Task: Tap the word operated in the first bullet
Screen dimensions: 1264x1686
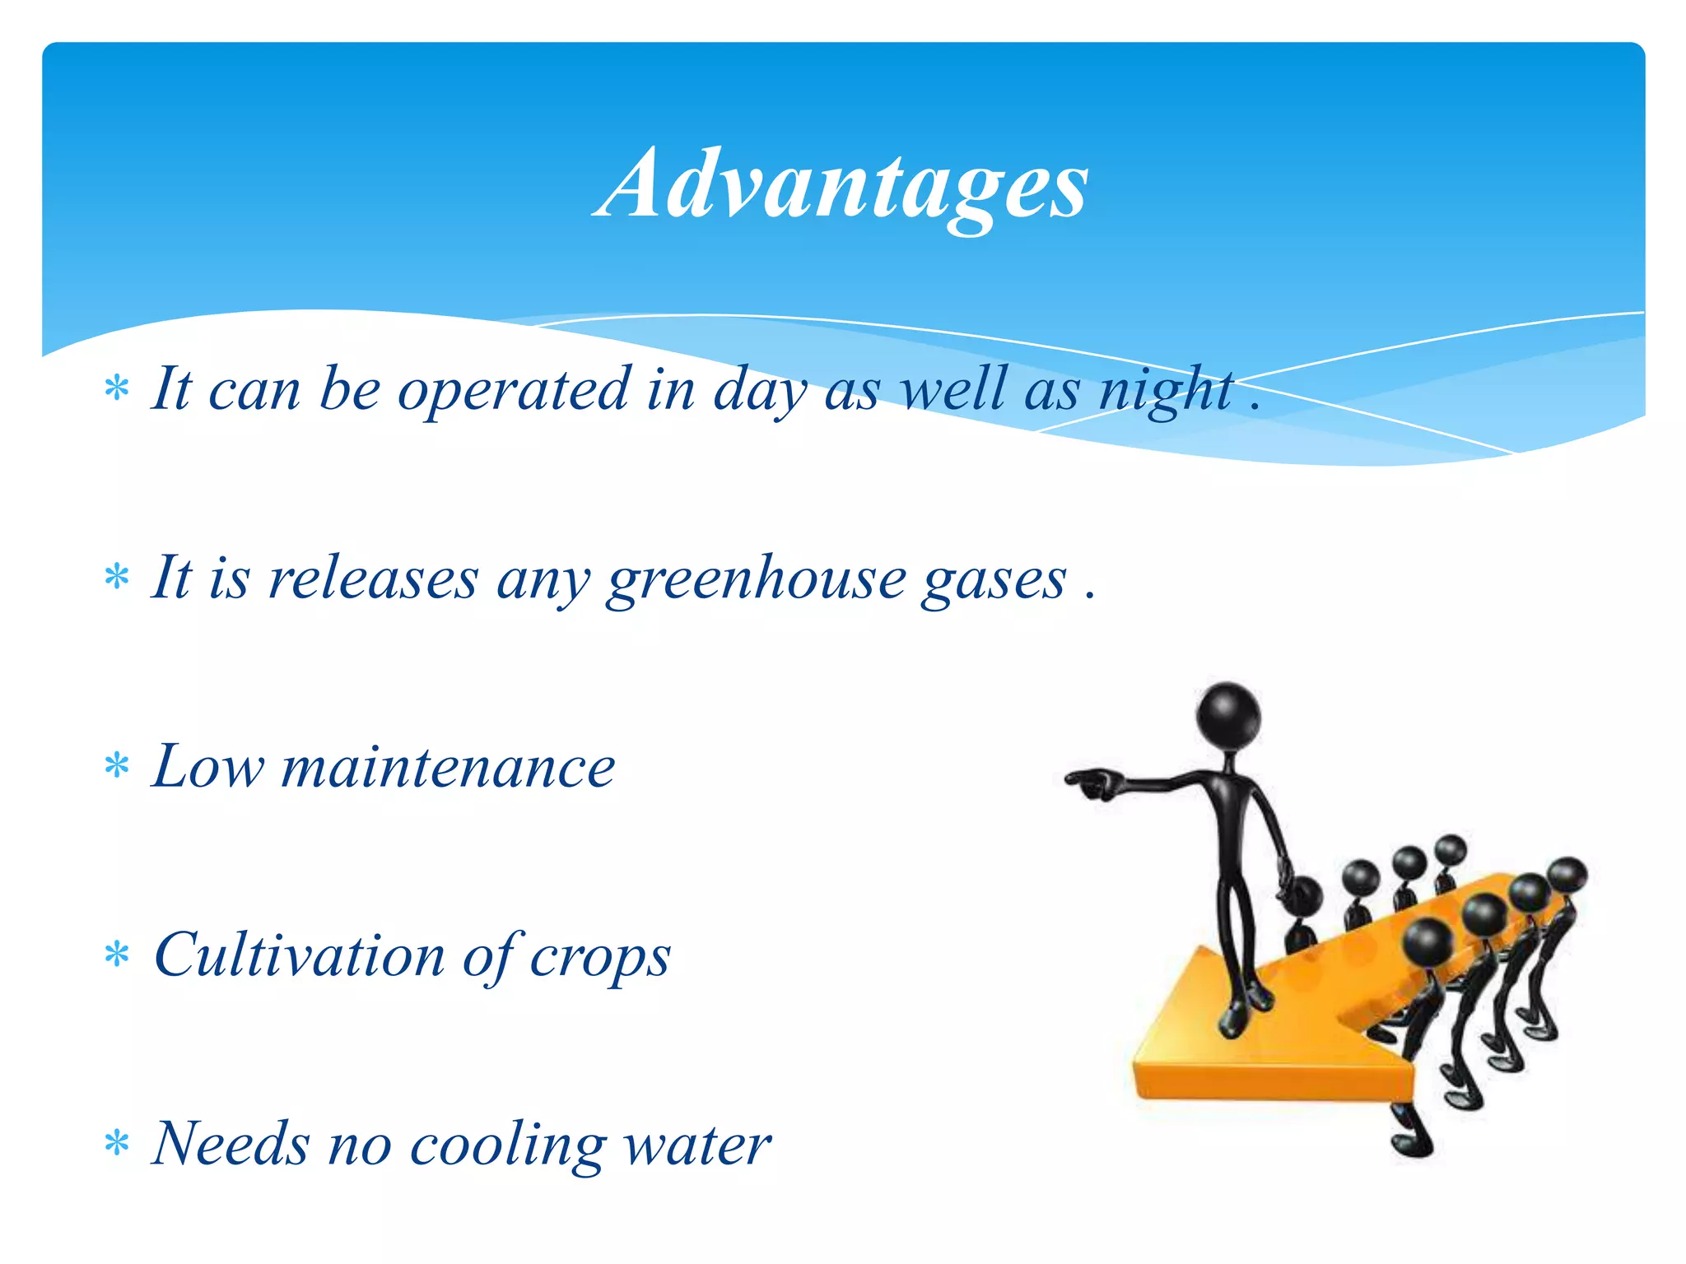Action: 513,390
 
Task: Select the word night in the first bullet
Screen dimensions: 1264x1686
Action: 1167,390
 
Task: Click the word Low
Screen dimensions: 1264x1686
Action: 207,767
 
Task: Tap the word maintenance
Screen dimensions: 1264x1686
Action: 449,767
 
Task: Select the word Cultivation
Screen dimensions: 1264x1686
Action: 299,956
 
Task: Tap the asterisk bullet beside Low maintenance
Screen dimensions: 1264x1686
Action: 118,766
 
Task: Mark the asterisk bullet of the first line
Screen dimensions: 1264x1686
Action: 118,388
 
